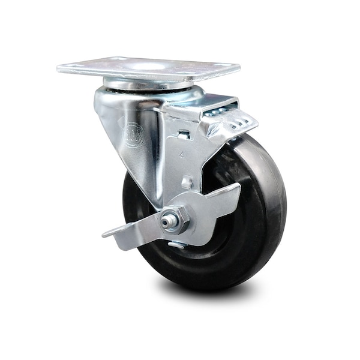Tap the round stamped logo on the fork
click(133, 135)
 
